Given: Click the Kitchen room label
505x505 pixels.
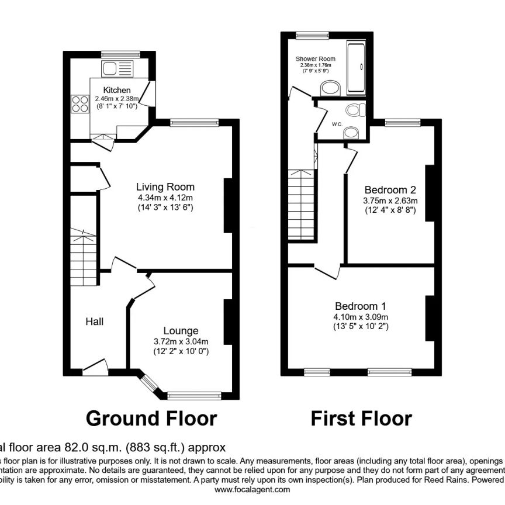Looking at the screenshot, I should click(x=117, y=90).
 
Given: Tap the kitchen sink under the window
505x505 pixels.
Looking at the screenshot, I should click(x=116, y=69).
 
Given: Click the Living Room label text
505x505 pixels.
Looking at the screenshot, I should click(x=165, y=187).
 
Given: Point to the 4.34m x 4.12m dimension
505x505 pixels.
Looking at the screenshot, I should click(x=165, y=198).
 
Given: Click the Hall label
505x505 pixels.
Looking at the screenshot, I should click(x=95, y=321).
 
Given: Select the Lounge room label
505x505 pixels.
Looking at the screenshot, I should click(x=181, y=331).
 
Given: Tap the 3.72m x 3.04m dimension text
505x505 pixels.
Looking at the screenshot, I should click(x=181, y=341).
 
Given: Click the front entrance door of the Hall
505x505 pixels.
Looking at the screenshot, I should click(x=95, y=367).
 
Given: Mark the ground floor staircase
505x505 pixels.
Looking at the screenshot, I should click(x=82, y=257).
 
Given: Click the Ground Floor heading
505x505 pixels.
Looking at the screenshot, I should click(x=151, y=418).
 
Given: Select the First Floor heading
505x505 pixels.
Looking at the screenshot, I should click(x=361, y=418).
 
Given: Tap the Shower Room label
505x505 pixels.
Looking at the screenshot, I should click(x=315, y=59).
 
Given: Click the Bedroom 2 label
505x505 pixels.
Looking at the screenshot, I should click(x=390, y=190).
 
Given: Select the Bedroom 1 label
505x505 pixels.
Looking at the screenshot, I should click(x=360, y=306).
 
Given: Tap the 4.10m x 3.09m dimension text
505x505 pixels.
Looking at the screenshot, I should click(x=360, y=317).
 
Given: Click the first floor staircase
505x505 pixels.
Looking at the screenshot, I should click(x=302, y=205).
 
